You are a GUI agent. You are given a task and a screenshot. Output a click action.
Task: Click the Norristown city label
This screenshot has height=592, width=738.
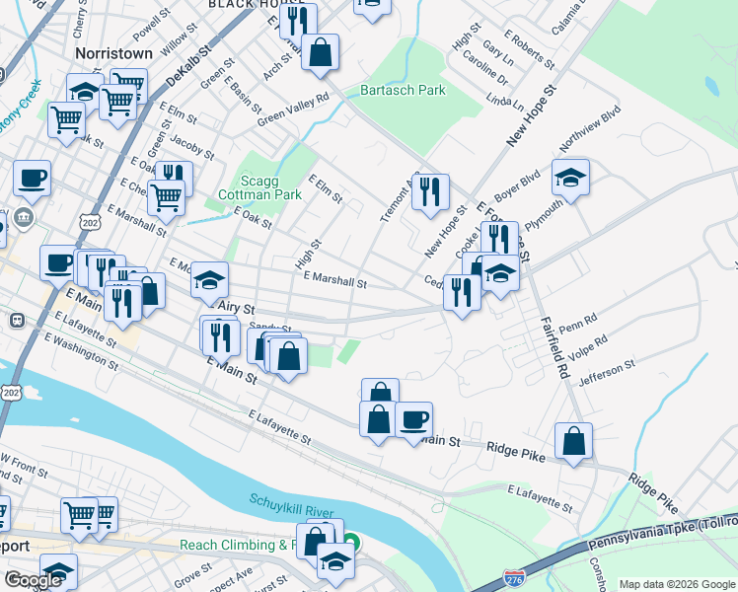pyautogui.click(x=114, y=52)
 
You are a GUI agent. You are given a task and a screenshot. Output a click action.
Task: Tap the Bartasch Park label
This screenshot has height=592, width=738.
pyautogui.click(x=403, y=91)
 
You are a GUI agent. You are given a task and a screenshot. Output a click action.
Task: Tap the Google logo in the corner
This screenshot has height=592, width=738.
pyautogui.click(x=33, y=580)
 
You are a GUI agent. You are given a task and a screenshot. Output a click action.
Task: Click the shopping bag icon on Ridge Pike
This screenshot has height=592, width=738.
pyautogui.click(x=573, y=442)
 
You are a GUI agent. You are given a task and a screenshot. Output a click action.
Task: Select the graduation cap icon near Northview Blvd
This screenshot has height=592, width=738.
pyautogui.click(x=570, y=180)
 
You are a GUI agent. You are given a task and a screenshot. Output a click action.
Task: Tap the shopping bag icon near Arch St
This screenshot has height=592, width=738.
pyautogui.click(x=321, y=52)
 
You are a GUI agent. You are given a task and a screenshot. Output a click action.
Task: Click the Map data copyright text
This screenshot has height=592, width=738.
pyautogui.click(x=676, y=583)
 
